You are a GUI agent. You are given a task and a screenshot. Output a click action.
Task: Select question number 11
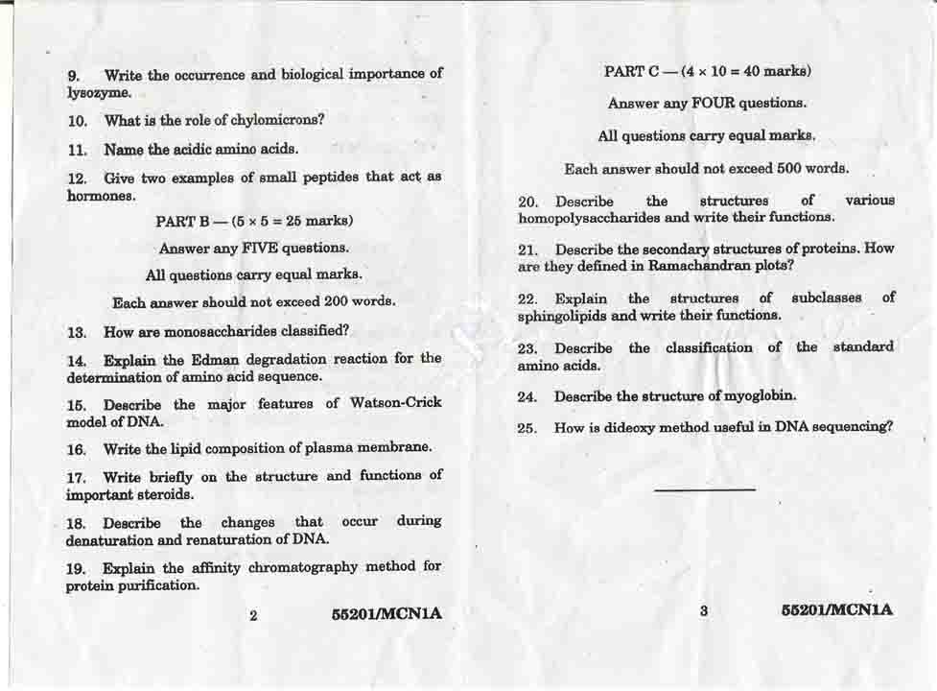(x=77, y=150)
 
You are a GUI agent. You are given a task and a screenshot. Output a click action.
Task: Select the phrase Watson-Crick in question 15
(x=393, y=403)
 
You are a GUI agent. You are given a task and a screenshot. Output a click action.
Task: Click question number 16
(x=77, y=449)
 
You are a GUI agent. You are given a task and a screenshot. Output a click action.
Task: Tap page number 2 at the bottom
(x=253, y=615)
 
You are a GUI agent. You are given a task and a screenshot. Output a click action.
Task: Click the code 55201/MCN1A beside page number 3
(x=836, y=609)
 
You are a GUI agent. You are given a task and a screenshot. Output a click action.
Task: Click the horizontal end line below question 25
(x=705, y=489)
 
